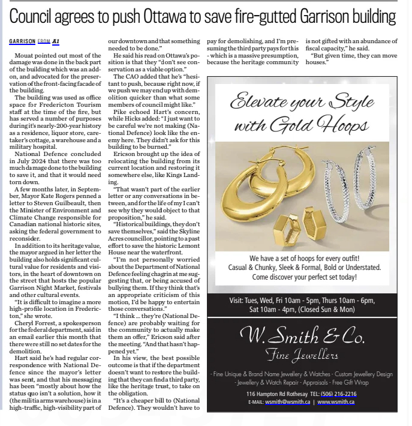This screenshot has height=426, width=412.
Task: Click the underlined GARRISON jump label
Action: tap(22, 41)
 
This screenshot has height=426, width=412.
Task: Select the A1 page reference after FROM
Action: tap(56, 41)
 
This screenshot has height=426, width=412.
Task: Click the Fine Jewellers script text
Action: tap(302, 355)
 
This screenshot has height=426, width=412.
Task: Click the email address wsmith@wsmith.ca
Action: tap(287, 401)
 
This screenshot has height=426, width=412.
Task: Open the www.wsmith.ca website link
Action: tap(336, 401)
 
